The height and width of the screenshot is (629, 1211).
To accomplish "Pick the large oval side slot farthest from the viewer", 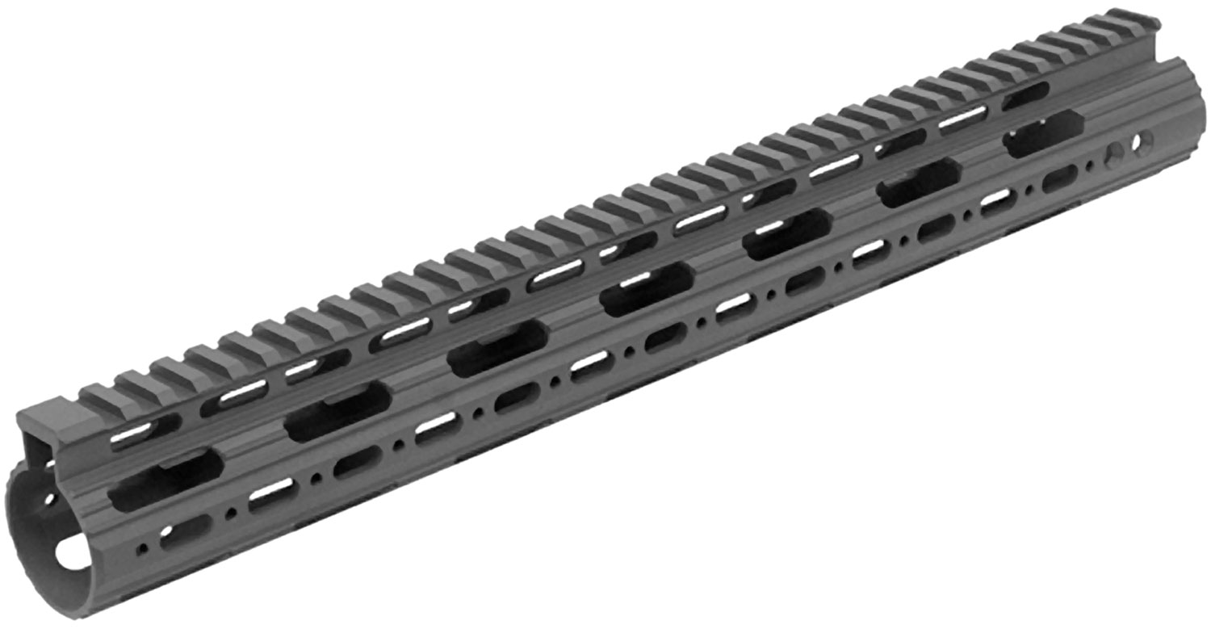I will [1044, 133].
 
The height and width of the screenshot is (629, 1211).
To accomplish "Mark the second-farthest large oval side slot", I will [919, 182].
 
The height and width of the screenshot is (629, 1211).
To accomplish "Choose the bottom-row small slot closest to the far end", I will [1059, 178].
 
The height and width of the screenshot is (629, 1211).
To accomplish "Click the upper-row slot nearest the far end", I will [1025, 95].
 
